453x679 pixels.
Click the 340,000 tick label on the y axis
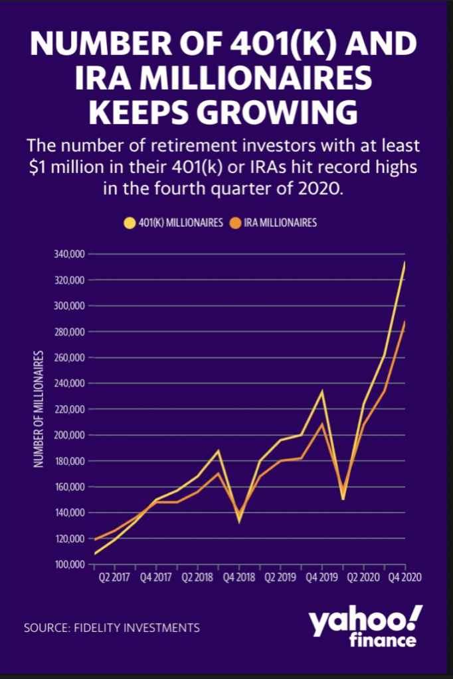click(66, 254)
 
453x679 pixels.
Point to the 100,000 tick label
click(66, 564)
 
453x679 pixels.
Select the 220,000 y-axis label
click(66, 409)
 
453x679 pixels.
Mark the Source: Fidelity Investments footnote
click(112, 627)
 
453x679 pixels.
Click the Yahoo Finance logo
click(364, 627)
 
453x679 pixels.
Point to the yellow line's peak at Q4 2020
click(405, 263)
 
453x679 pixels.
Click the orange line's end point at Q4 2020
click(405, 322)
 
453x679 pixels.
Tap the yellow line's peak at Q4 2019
click(322, 391)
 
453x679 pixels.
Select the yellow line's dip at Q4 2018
click(239, 521)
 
